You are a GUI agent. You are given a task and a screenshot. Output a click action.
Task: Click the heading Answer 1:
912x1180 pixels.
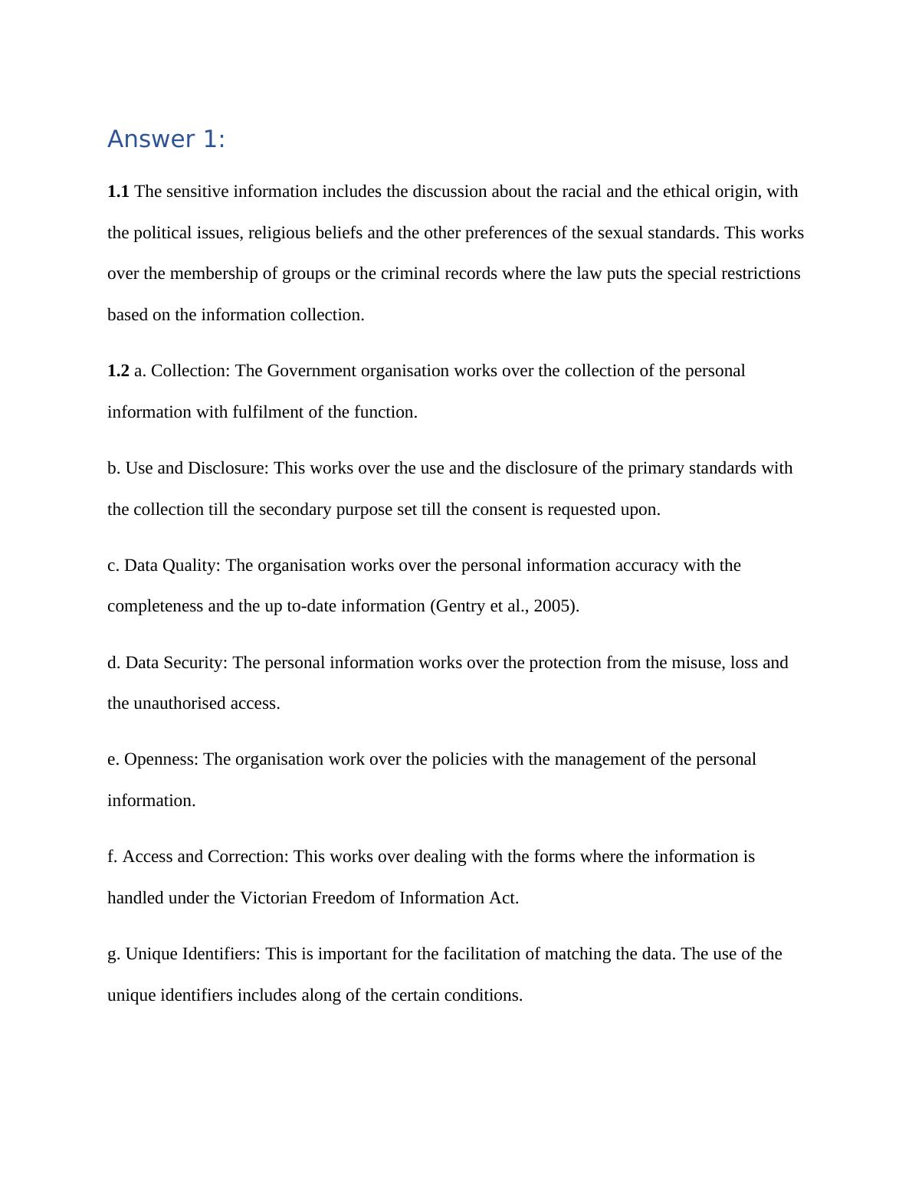click(x=166, y=139)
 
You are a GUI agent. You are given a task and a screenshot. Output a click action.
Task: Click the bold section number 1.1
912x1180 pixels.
click(x=118, y=192)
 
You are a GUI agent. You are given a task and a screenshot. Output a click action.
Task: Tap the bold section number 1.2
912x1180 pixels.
click(x=118, y=371)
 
